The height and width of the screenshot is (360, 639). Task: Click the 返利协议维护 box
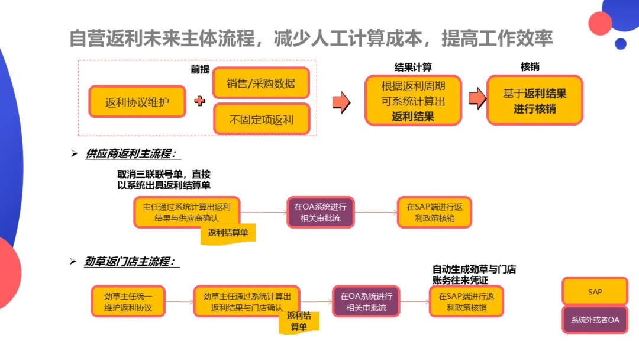click(137, 102)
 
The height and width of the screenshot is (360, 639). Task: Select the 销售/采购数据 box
click(261, 83)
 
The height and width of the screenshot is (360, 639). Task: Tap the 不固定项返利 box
click(261, 119)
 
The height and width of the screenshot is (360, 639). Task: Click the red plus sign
click(200, 101)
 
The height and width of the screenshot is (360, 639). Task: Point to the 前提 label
click(200, 69)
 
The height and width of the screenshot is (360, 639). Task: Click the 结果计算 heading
click(413, 67)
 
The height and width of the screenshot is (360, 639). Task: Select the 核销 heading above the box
click(530, 67)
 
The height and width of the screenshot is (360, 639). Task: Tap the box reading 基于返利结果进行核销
click(535, 101)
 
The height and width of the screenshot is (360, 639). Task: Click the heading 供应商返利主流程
click(131, 153)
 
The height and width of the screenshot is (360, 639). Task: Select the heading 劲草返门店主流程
click(131, 261)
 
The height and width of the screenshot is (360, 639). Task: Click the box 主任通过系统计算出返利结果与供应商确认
click(187, 212)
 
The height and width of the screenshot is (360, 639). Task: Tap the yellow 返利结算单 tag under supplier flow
click(228, 233)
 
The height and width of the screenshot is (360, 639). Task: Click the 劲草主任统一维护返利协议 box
click(128, 301)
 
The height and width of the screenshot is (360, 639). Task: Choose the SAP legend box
click(595, 292)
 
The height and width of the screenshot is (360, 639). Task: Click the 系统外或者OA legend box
click(595, 320)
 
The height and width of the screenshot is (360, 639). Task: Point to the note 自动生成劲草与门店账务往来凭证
click(474, 274)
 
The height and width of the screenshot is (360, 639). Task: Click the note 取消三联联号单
click(164, 179)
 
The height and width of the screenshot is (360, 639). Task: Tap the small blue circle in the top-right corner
click(621, 43)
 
